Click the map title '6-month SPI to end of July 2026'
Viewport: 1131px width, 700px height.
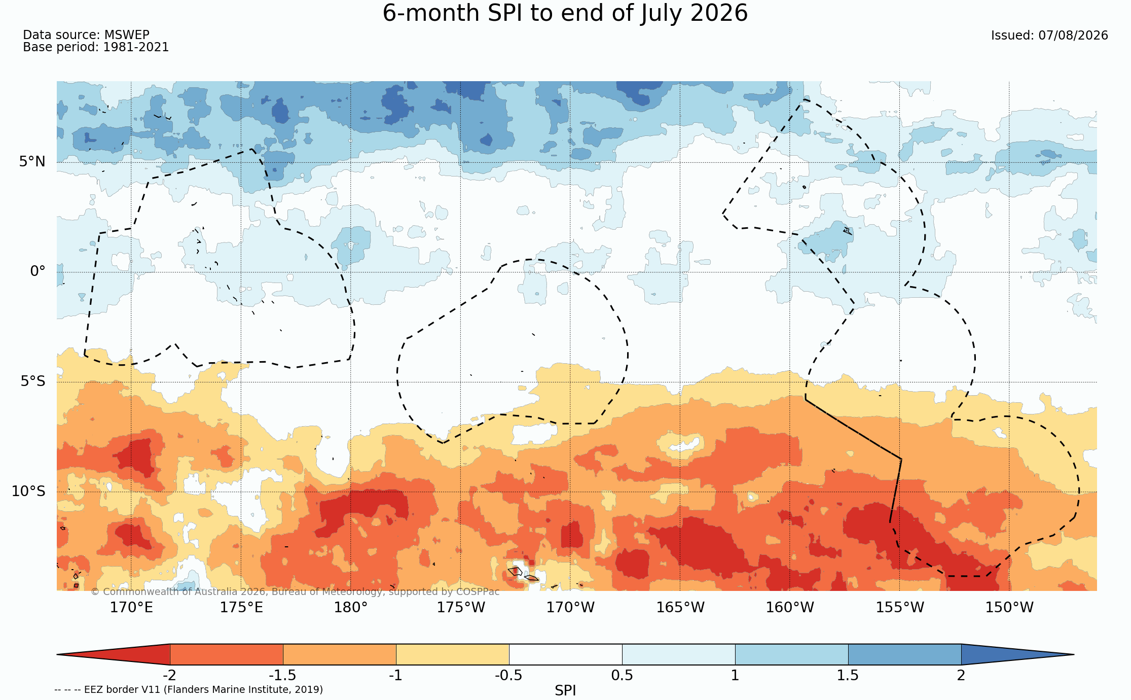[x=565, y=13]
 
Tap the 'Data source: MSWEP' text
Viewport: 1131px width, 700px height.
[x=86, y=35]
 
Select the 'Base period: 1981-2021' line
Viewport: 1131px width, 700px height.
[x=96, y=47]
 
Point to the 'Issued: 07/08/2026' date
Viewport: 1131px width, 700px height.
[x=1049, y=36]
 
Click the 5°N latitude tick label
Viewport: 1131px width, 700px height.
[x=32, y=162]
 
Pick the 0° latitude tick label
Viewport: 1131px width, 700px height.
[x=38, y=271]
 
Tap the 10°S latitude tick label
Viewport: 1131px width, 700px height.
[x=28, y=491]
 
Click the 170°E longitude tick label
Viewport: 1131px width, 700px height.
[x=131, y=607]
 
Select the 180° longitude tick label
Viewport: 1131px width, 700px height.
[x=350, y=607]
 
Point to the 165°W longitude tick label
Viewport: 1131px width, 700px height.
[x=680, y=607]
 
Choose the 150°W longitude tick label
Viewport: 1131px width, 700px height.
[x=1009, y=607]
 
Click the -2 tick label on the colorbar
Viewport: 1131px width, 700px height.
[x=169, y=676]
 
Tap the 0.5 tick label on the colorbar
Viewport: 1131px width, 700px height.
[x=622, y=676]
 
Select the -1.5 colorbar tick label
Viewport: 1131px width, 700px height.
[x=282, y=676]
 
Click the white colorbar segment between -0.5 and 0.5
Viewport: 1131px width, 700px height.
[x=566, y=654]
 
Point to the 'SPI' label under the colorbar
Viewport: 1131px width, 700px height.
[x=565, y=691]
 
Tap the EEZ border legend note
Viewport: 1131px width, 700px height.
[x=189, y=690]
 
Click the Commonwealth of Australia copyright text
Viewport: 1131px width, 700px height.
[x=295, y=592]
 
